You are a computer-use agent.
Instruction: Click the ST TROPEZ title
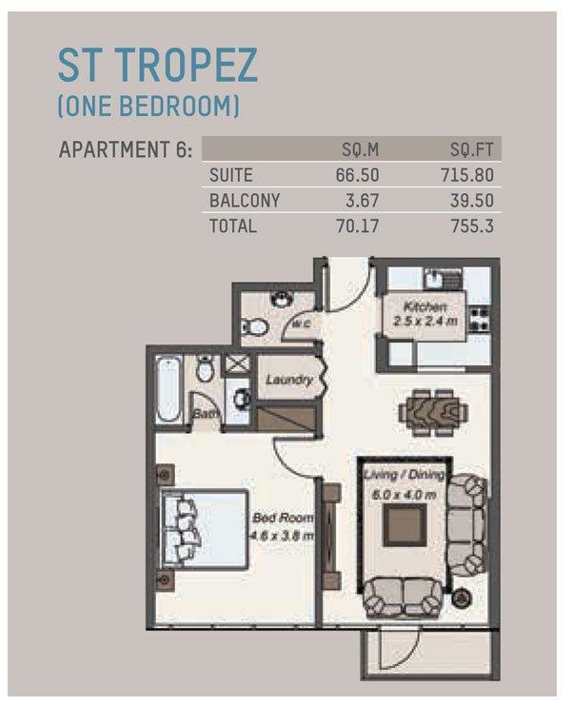point(158,65)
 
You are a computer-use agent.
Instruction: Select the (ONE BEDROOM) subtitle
point(148,107)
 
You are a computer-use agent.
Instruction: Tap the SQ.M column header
point(361,149)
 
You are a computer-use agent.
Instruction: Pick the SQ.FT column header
point(472,149)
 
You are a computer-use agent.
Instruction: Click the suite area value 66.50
point(357,175)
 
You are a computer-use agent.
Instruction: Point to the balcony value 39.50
point(472,201)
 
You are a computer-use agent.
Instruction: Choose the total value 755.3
point(472,226)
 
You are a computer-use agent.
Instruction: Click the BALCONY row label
point(245,201)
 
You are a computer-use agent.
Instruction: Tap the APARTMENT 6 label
point(126,149)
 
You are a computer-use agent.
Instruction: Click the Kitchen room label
point(425,307)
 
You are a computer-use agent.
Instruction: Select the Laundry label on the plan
point(288,380)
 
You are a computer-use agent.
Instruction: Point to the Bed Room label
point(283,518)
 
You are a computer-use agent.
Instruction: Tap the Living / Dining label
point(405,475)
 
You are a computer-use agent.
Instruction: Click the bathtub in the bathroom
point(168,389)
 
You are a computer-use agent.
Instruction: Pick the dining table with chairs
point(433,413)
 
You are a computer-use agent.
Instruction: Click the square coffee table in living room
point(405,525)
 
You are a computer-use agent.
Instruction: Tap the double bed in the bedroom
point(205,530)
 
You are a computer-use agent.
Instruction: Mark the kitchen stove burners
point(480,319)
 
